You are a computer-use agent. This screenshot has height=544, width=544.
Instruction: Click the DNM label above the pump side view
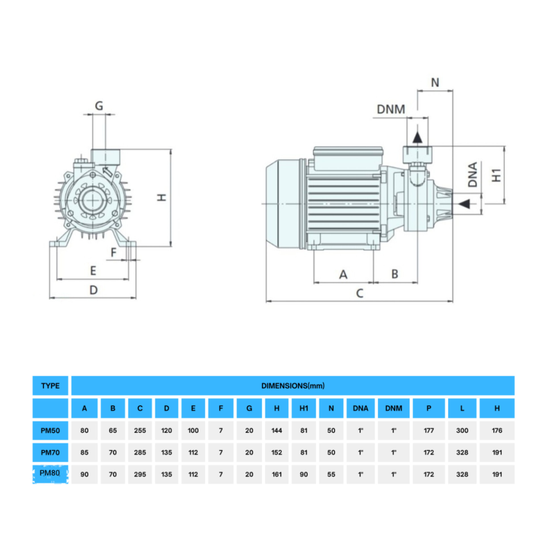click(x=391, y=109)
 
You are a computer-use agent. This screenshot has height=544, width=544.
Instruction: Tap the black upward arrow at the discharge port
click(x=417, y=137)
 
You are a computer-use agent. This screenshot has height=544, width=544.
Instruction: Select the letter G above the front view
click(x=99, y=106)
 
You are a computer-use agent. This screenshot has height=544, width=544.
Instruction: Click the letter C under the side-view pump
click(x=360, y=293)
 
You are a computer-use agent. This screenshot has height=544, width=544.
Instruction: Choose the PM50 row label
click(x=50, y=431)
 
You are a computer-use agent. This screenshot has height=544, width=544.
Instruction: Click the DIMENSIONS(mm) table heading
click(x=293, y=386)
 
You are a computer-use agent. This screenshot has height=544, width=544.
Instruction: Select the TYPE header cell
click(x=50, y=386)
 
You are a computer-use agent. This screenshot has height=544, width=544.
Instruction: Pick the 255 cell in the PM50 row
click(x=140, y=431)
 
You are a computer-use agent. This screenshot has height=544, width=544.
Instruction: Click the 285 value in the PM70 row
click(x=140, y=452)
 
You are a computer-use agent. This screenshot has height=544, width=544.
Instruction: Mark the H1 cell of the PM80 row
click(x=304, y=474)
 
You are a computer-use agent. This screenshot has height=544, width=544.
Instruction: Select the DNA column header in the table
click(x=360, y=408)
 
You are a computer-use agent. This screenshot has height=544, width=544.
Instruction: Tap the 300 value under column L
click(x=462, y=431)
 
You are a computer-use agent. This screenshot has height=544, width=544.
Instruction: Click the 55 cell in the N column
click(x=331, y=474)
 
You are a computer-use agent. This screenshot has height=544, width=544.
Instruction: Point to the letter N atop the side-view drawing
click(x=435, y=83)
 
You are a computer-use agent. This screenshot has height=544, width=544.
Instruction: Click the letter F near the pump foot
click(x=114, y=252)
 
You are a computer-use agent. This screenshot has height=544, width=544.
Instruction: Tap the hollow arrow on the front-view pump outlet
click(x=107, y=172)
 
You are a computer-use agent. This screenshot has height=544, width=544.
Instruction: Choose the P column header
click(x=429, y=408)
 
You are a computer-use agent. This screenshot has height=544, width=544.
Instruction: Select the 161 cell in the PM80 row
click(x=277, y=474)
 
